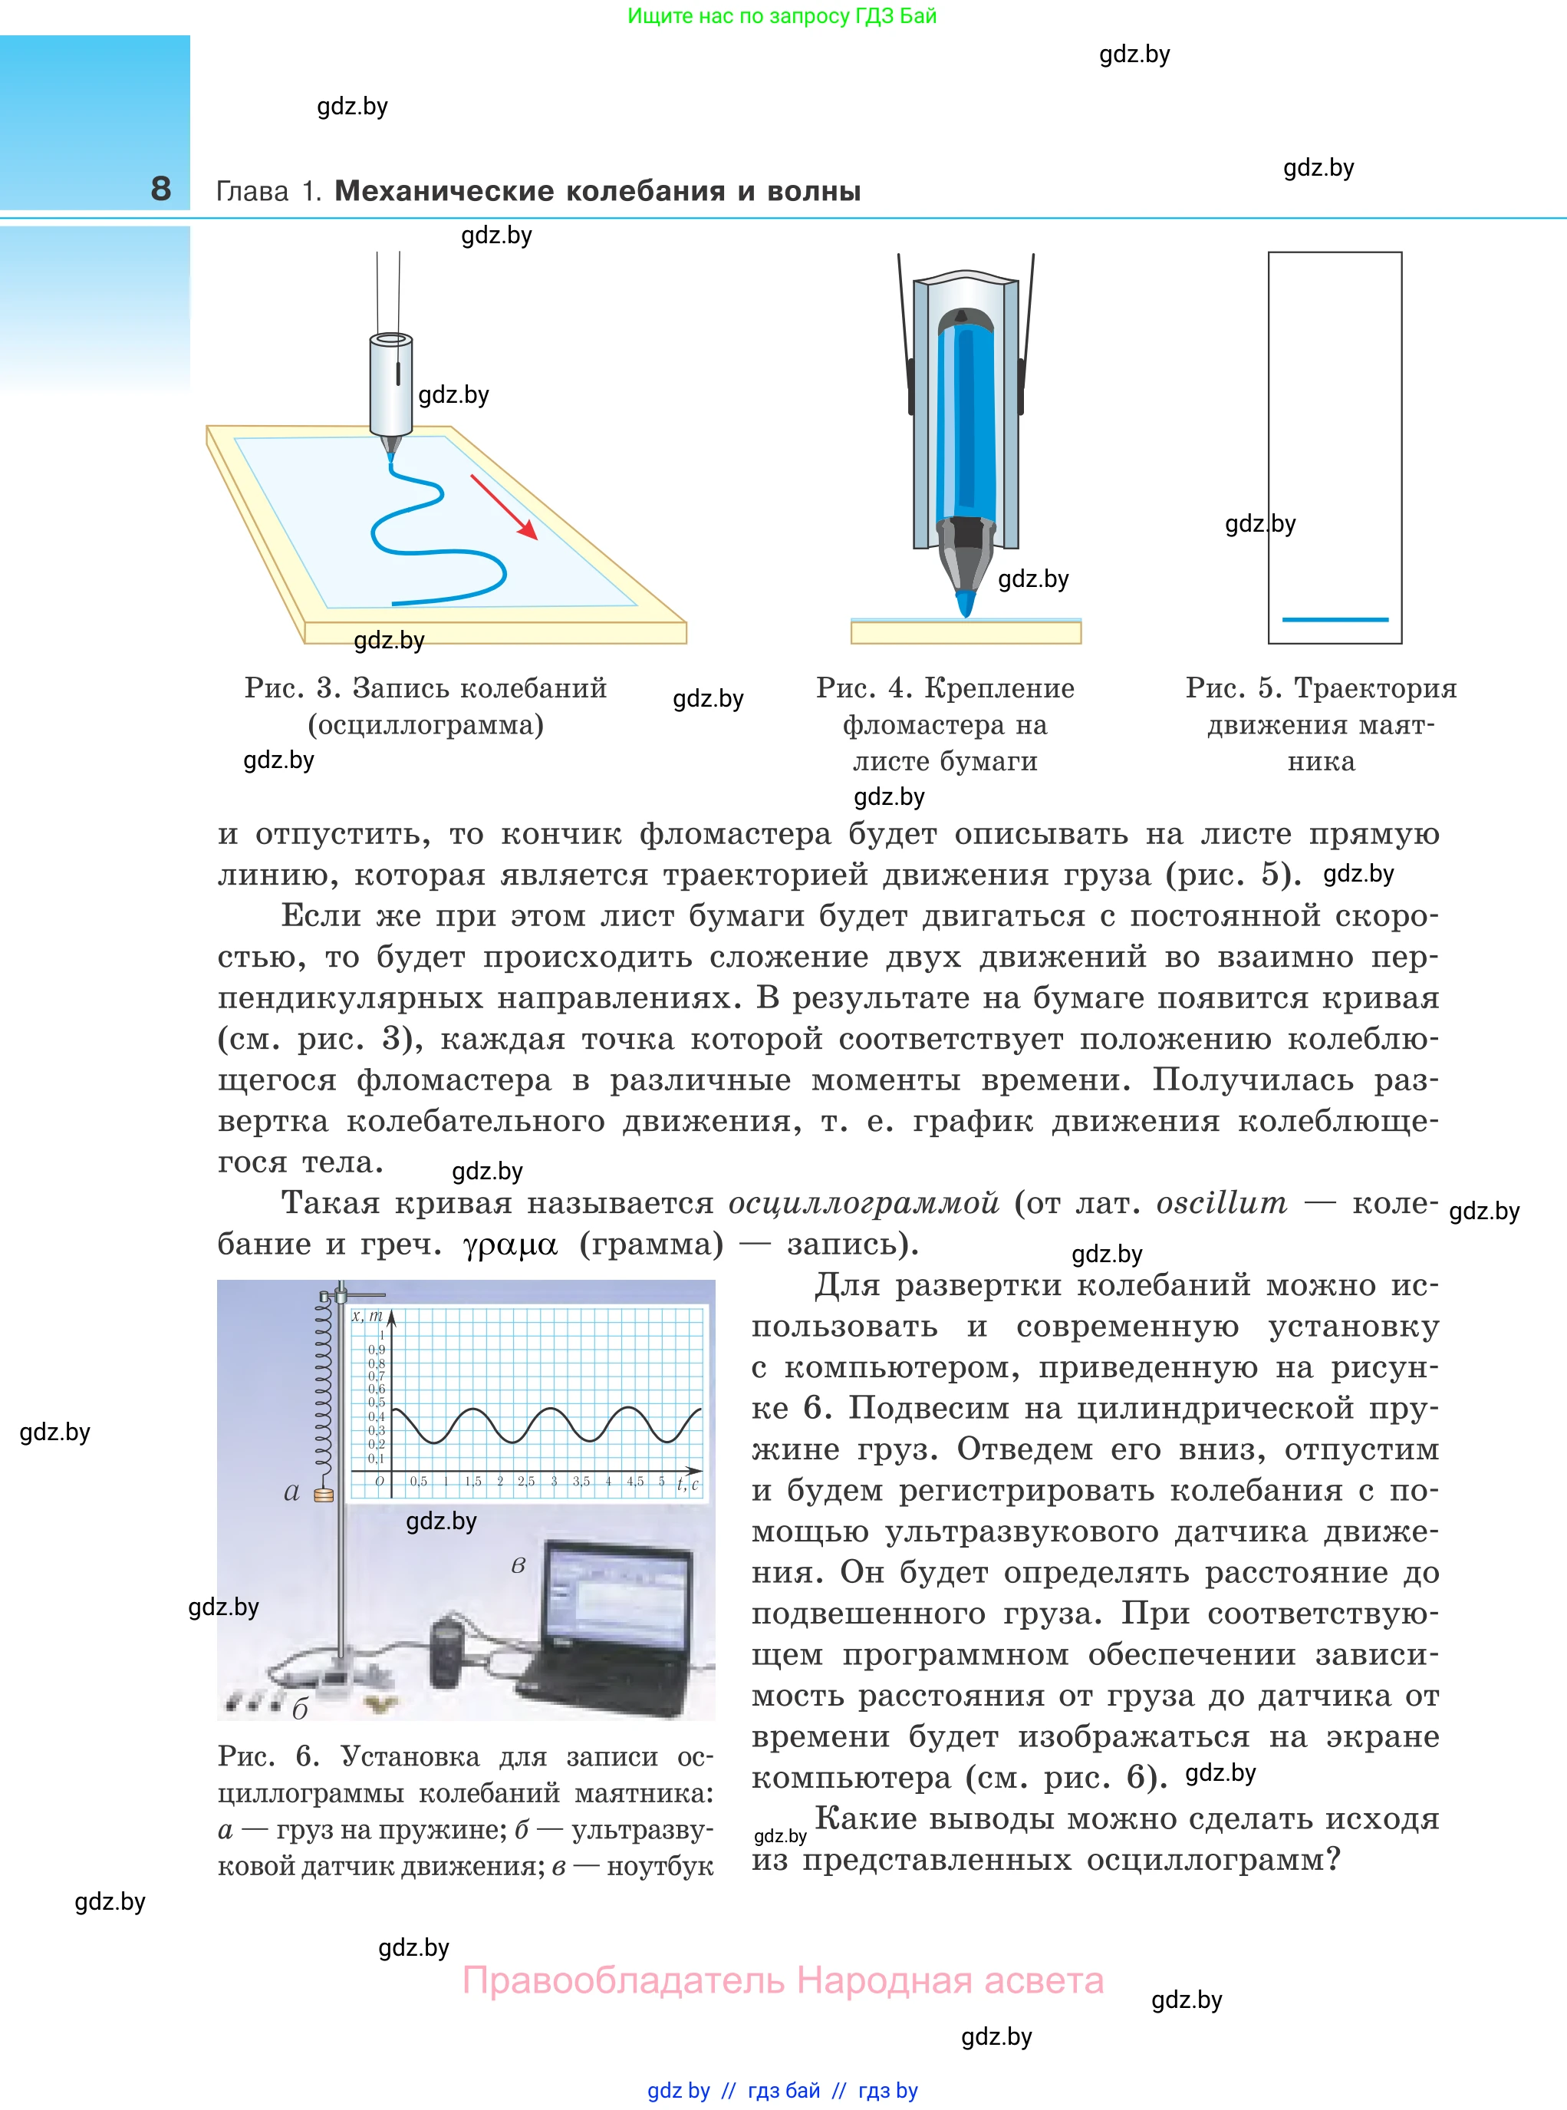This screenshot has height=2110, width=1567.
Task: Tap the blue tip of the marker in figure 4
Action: (966, 602)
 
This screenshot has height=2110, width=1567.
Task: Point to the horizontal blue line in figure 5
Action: (1335, 619)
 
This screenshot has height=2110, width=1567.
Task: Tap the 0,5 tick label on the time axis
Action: (418, 1481)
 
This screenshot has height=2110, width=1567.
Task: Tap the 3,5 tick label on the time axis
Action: (581, 1481)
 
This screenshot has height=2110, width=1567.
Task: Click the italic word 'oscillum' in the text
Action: (1222, 1203)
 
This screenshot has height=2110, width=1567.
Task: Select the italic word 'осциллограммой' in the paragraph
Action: (863, 1203)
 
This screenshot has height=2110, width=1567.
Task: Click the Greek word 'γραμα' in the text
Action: (510, 1244)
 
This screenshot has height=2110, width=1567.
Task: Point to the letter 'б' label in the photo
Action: (300, 1709)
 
